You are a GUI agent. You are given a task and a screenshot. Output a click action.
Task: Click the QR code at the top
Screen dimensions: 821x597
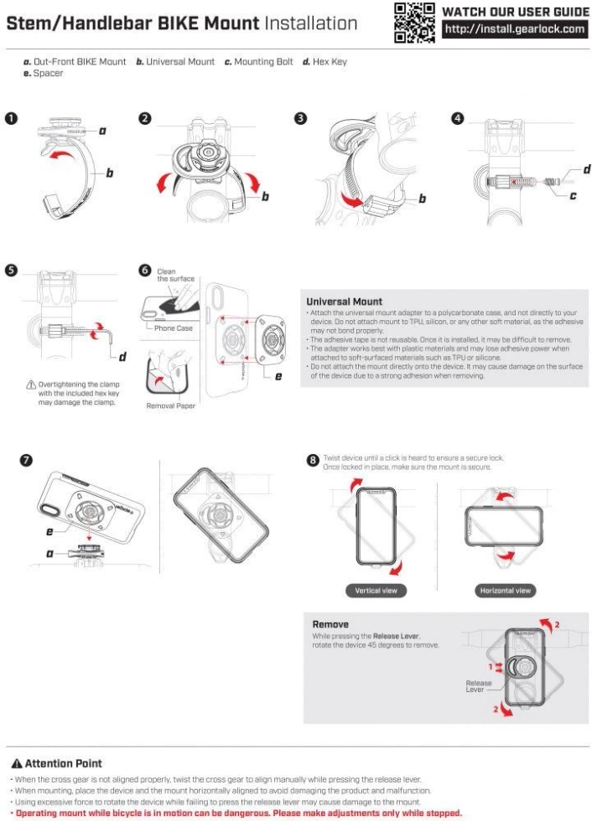tap(415, 23)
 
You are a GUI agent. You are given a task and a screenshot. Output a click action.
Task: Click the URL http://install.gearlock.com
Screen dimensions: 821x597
tap(515, 30)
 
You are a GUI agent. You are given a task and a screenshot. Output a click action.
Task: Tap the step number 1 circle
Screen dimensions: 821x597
tap(11, 118)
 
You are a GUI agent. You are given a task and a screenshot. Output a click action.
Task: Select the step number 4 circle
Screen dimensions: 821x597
tap(457, 118)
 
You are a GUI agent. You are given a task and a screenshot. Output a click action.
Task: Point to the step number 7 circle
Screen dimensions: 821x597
tap(27, 460)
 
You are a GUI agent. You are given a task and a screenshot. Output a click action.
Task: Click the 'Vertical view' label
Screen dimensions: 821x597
tap(376, 591)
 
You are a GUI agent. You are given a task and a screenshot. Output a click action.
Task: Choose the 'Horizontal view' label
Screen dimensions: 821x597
tap(506, 591)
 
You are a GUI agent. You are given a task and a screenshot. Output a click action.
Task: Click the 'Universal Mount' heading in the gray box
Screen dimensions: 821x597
tap(344, 301)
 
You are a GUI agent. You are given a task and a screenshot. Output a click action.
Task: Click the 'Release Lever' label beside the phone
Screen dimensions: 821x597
tap(479, 687)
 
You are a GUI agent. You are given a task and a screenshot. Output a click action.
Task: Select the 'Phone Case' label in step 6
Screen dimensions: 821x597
tap(173, 328)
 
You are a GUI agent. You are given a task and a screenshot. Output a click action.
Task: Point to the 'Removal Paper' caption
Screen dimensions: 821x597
tap(171, 405)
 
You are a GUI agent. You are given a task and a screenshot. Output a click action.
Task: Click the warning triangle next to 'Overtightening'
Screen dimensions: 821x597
tap(31, 384)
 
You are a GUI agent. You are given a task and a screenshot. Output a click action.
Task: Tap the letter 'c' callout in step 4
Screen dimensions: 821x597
tap(573, 196)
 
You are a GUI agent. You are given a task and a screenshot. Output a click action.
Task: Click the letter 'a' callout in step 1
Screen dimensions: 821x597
tap(102, 131)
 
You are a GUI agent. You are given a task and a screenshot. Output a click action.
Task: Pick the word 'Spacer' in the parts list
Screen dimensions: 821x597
tap(49, 73)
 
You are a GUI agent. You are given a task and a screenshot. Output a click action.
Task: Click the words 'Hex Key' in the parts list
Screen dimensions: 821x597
tap(330, 61)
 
